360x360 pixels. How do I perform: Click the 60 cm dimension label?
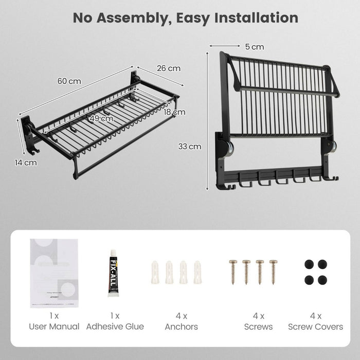point(69,81)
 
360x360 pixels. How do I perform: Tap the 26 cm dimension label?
point(168,68)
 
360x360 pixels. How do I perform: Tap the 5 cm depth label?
point(254,47)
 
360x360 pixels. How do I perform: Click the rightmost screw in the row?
point(273,272)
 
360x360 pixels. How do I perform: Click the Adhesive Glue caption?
point(115,327)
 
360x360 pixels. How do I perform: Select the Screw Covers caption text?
point(315,327)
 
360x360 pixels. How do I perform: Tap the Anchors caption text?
point(181,327)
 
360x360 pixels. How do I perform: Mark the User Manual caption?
point(54,327)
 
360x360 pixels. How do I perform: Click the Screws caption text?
point(258,327)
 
